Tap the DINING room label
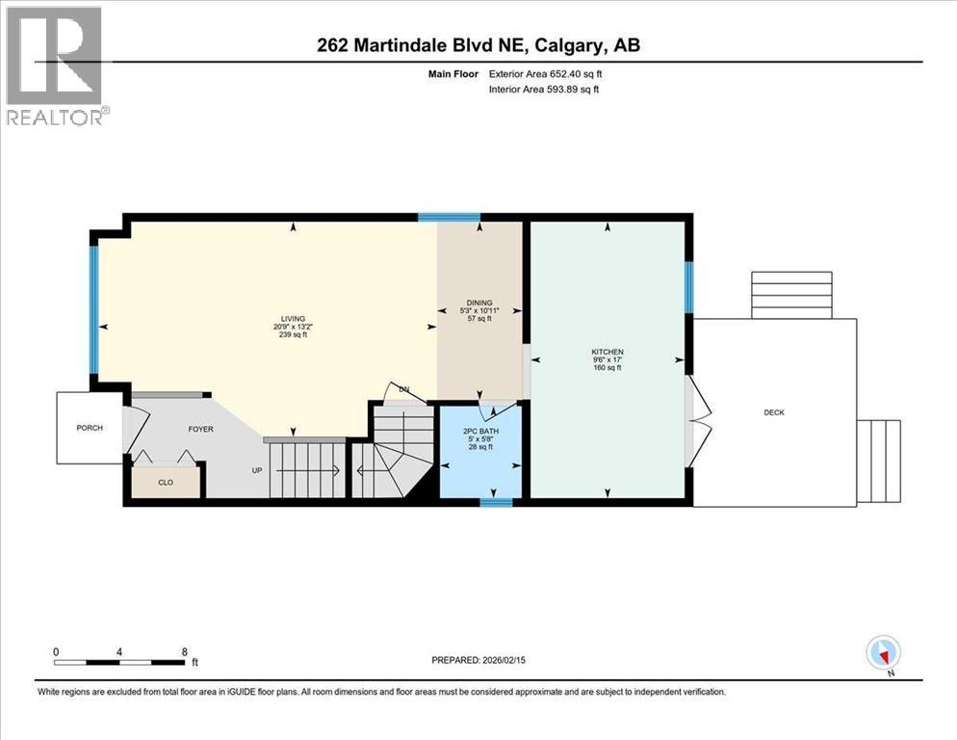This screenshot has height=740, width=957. point(479,303)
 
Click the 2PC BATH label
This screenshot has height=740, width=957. point(478,431)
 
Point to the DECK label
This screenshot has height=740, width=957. point(774,412)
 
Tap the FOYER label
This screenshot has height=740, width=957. point(200,429)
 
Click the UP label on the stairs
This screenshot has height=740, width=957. point(255,471)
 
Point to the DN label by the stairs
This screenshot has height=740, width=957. point(404,389)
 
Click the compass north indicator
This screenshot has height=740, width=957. point(883,654)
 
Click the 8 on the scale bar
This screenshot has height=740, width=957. point(184,651)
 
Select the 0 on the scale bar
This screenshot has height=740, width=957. point(56,651)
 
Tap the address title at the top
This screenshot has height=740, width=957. point(478,44)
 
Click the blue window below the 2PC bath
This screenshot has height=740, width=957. point(496,502)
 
